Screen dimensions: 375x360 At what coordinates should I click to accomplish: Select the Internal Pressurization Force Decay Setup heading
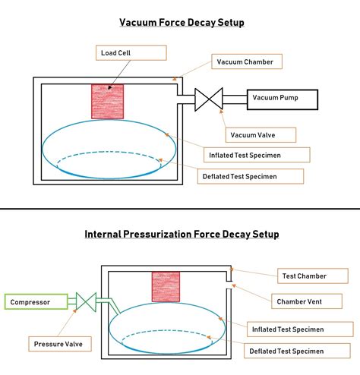(181, 234)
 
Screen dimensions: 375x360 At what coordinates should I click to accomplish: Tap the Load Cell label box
(131, 52)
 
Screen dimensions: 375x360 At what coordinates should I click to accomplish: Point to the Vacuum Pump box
(276, 98)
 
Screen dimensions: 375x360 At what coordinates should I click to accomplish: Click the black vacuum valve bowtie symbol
(208, 99)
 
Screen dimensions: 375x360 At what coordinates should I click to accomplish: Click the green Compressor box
(35, 302)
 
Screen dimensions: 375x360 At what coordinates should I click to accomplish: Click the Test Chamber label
(312, 276)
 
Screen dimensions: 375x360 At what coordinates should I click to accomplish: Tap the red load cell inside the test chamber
(166, 288)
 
